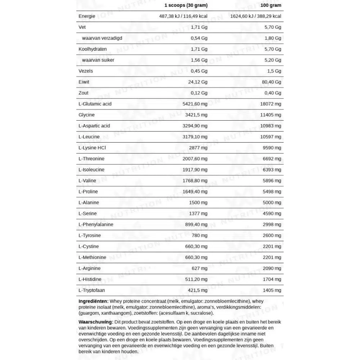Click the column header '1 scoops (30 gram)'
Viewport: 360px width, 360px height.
(x=186, y=5)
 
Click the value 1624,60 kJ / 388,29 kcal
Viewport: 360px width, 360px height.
(x=256, y=16)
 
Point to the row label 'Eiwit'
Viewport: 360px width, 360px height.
(x=84, y=82)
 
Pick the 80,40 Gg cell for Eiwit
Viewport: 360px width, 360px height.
(x=272, y=82)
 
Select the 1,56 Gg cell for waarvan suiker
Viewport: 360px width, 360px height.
(x=199, y=60)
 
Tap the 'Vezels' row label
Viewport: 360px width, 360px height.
(x=85, y=71)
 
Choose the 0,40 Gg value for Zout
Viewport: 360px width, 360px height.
(x=273, y=93)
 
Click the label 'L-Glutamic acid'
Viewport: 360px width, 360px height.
(x=95, y=104)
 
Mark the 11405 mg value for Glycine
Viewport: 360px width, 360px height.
(x=271, y=115)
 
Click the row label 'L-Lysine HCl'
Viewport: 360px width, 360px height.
(x=92, y=148)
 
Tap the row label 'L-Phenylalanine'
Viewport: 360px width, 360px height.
(x=96, y=225)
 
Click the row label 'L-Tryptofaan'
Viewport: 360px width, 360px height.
(x=92, y=290)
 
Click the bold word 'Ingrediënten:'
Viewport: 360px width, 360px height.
(x=93, y=301)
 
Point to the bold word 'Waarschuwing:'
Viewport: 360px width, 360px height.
(x=95, y=321)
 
